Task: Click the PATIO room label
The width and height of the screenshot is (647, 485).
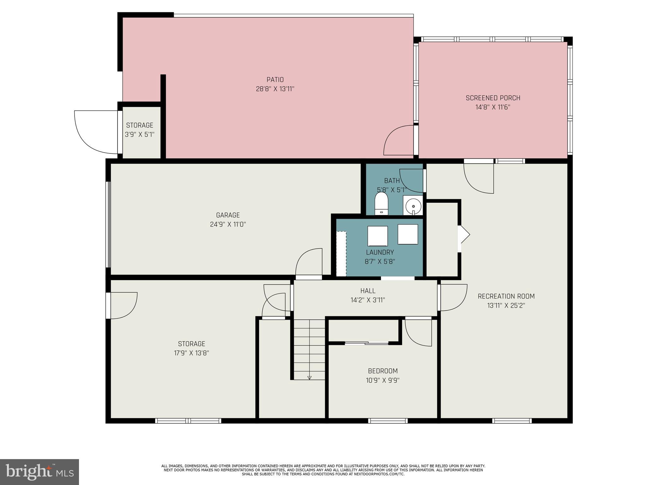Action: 275,80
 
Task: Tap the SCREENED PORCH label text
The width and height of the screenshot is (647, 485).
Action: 493,98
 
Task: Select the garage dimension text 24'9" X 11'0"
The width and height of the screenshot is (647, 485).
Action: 228,225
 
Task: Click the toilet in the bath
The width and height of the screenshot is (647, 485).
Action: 381,203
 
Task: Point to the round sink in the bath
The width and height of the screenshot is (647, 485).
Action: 413,206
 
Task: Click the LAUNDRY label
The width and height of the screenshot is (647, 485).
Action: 380,252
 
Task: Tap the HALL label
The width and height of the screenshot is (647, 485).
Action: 368,291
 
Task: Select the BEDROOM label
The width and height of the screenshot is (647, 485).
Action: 383,371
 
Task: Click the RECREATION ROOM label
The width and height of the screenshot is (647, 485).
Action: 506,296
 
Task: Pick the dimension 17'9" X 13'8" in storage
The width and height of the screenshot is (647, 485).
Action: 191,353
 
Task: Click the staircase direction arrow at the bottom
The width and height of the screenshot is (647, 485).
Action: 309,378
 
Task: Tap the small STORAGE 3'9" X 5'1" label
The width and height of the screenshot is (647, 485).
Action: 140,130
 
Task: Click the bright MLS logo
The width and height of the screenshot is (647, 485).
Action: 39,472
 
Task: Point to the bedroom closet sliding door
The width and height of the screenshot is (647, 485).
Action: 366,343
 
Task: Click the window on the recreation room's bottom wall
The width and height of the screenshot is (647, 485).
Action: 512,421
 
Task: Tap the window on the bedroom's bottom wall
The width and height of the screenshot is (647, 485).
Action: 388,421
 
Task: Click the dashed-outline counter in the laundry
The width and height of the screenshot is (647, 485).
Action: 341,254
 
